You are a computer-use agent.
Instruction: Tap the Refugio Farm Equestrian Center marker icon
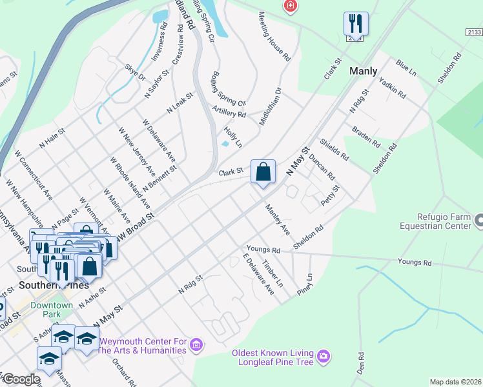(478, 221)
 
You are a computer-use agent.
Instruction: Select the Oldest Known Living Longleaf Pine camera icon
(324, 355)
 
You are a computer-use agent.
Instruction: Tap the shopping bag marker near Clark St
(263, 172)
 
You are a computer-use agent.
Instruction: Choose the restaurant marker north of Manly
(356, 25)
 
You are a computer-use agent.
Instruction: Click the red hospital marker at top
(291, 6)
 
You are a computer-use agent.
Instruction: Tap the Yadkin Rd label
(392, 88)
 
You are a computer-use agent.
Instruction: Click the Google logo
(21, 379)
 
